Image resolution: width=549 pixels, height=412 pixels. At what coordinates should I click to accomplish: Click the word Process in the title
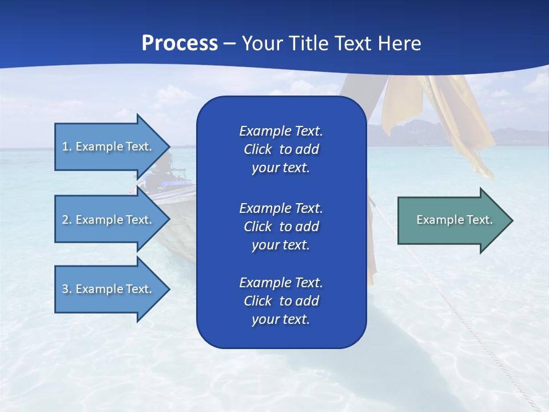pyautogui.click(x=180, y=43)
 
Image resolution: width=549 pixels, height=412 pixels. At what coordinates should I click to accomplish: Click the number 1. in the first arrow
pyautogui.click(x=67, y=146)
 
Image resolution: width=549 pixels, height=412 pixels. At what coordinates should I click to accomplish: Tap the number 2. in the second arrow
pyautogui.click(x=67, y=220)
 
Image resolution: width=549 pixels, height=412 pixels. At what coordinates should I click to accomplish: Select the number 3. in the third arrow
pyautogui.click(x=67, y=289)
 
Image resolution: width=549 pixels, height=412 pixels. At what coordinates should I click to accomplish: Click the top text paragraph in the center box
pyautogui.click(x=281, y=149)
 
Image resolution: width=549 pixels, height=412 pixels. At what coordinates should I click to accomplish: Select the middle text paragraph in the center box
pyautogui.click(x=281, y=227)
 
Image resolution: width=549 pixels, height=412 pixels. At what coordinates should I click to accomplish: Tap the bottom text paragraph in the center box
pyautogui.click(x=281, y=301)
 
